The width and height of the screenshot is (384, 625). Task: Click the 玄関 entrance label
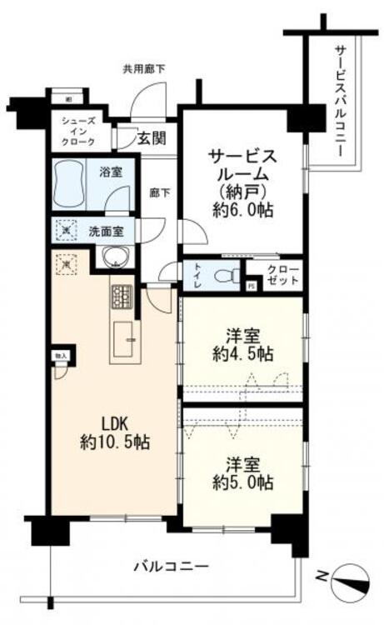coord(152,138)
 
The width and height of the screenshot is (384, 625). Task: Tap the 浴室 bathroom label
coord(112,173)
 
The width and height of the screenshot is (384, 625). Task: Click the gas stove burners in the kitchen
coord(122,295)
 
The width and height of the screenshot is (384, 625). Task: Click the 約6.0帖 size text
coord(242,212)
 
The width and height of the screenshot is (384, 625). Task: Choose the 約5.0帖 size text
coord(242,481)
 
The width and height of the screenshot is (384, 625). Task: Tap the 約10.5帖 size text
coord(115,442)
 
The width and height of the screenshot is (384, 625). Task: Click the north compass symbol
coord(349,580)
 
